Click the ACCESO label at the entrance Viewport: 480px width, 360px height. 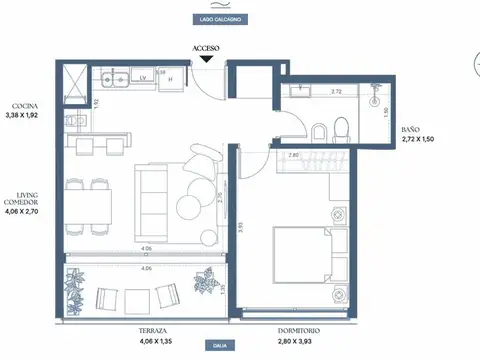click(x=205, y=47)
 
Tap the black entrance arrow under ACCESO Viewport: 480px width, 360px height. click(x=206, y=58)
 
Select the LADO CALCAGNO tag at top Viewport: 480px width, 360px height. click(x=218, y=19)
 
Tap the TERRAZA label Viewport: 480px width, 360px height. click(x=152, y=329)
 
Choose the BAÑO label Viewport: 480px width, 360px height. click(x=410, y=129)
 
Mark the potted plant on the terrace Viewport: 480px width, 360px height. click(x=204, y=284)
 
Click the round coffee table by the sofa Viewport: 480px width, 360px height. click(x=190, y=207)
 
